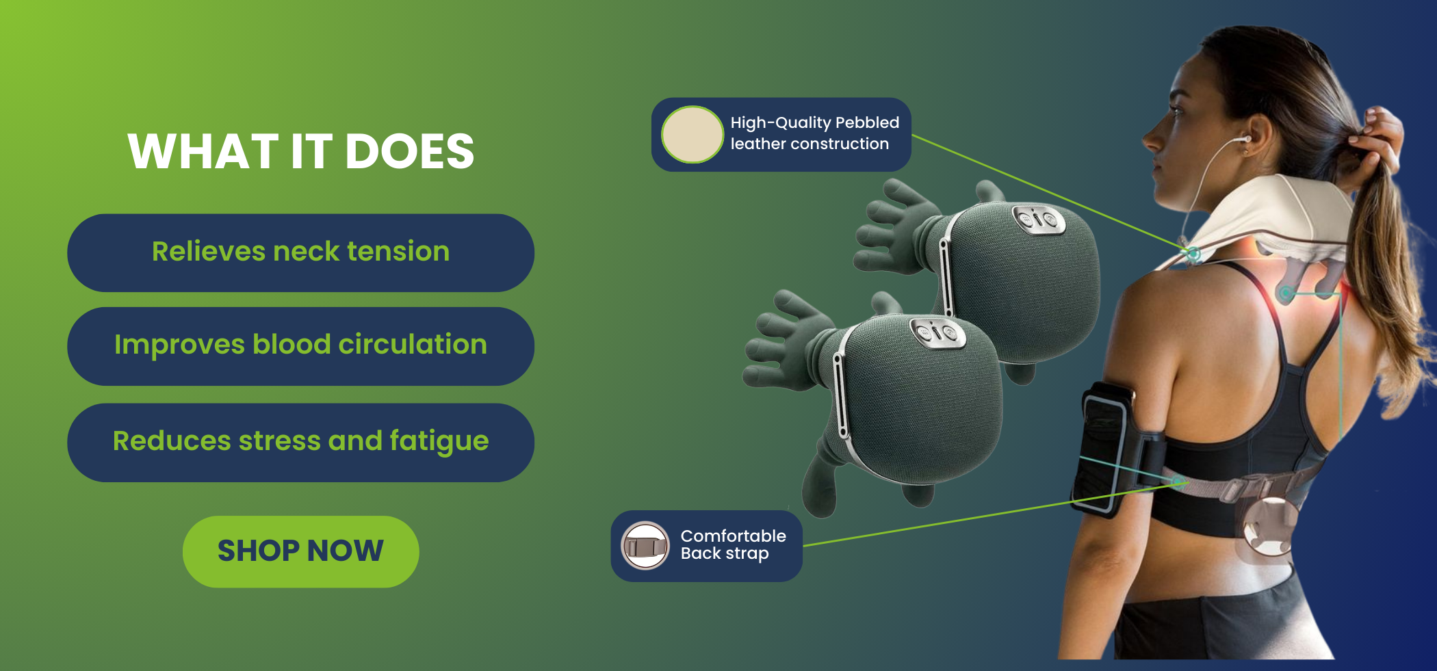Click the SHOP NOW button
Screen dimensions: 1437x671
click(x=300, y=551)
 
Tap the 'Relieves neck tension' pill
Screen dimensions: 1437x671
click(x=300, y=252)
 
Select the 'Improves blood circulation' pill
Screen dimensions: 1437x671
click(x=300, y=345)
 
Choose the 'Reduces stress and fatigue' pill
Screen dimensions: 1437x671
click(x=300, y=442)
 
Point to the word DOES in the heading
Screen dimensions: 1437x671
click(x=409, y=151)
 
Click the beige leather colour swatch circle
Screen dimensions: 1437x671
click(x=692, y=135)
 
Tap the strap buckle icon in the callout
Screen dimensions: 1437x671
click(x=645, y=546)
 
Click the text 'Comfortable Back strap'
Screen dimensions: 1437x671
click(x=733, y=544)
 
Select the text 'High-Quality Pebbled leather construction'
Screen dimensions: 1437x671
click(x=814, y=133)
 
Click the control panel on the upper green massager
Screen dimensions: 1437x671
click(x=1039, y=219)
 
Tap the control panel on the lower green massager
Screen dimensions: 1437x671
click(x=938, y=332)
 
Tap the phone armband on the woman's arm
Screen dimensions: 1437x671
click(x=1102, y=447)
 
